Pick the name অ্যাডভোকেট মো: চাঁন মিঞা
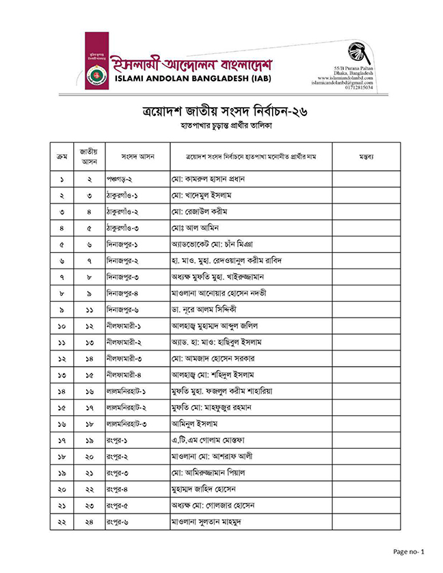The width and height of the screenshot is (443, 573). tap(214, 244)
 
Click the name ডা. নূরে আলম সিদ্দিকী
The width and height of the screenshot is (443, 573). tap(208, 310)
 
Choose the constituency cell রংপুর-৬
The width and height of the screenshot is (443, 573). tap(120, 522)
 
